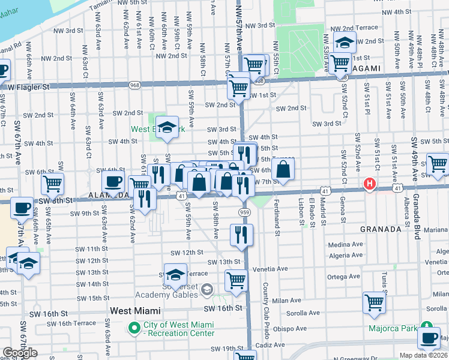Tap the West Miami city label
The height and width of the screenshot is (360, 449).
coord(136,311)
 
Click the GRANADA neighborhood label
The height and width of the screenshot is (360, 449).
coord(381,229)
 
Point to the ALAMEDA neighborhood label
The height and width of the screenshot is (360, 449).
coord(108,196)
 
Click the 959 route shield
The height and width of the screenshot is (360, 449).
coord(244,212)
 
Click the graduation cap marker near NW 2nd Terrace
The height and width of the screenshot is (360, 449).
coord(345,43)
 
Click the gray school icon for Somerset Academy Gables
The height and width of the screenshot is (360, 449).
coord(207,290)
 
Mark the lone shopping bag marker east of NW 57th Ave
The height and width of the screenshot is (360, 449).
coord(285,169)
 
